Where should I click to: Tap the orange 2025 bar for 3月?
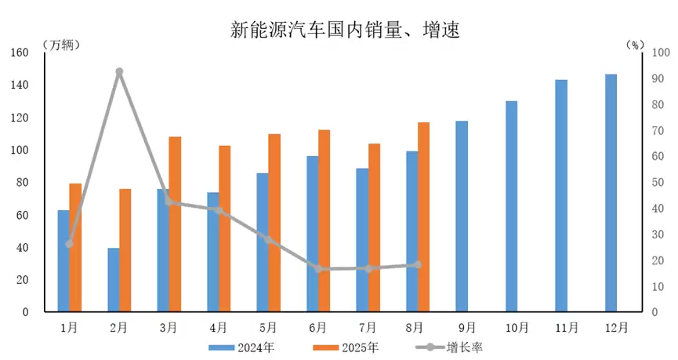point(175,224)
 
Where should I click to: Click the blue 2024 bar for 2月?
point(114,280)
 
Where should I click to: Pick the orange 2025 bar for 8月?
point(424,217)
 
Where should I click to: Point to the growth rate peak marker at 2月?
point(119,72)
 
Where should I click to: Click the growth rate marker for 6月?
point(318,269)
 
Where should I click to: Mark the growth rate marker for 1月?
point(70,244)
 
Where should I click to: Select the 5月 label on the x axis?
point(268,326)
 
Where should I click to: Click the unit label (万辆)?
point(61,45)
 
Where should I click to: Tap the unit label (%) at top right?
point(635,45)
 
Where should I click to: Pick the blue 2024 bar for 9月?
point(462,216)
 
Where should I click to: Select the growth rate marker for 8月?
point(418,265)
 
